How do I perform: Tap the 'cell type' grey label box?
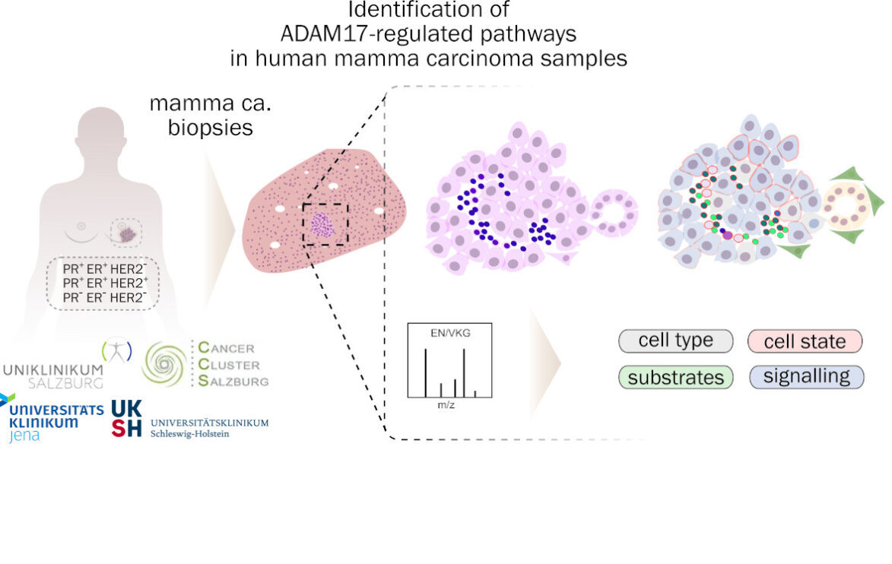(676, 341)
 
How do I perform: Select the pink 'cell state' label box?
(805, 341)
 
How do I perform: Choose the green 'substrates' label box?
(676, 377)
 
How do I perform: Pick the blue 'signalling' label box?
(806, 377)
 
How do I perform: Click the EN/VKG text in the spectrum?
(451, 333)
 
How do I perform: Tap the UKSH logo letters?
(126, 418)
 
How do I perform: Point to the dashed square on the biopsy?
(325, 224)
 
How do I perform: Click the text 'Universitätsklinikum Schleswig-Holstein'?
(210, 428)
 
